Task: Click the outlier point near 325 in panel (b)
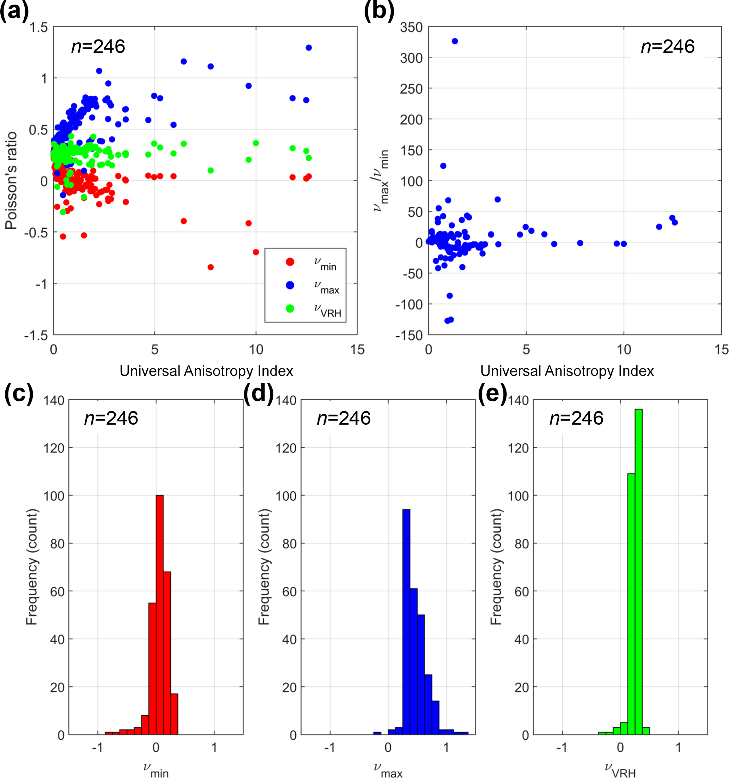[454, 41]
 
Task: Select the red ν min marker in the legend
[290, 262]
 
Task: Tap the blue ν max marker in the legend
[290, 285]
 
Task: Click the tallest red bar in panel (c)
[160, 614]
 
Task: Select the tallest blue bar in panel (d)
[406, 622]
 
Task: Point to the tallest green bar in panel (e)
[638, 571]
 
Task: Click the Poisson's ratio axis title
[11, 181]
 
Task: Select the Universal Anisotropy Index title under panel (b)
[567, 371]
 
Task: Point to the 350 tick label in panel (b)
[411, 28]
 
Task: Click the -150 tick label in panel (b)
[409, 335]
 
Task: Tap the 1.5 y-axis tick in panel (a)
[39, 28]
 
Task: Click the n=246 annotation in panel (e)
[576, 418]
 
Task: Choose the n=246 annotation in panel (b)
[668, 47]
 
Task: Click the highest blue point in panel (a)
[308, 48]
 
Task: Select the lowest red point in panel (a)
[211, 267]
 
